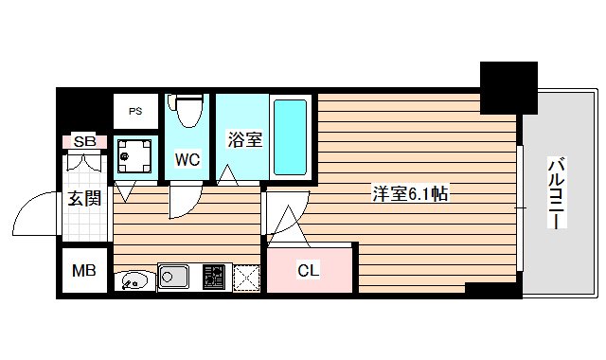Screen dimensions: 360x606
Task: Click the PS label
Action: (x=136, y=111)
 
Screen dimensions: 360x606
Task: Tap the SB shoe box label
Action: (x=85, y=142)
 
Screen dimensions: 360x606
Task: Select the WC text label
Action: (x=187, y=159)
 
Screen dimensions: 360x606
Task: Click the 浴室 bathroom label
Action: (x=244, y=139)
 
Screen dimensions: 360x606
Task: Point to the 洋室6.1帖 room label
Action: (x=409, y=194)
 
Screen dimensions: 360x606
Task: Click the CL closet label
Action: (x=309, y=271)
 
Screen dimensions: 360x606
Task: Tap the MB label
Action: (x=85, y=271)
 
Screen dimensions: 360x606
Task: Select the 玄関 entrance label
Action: (x=84, y=199)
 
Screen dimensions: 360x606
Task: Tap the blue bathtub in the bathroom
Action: (x=290, y=135)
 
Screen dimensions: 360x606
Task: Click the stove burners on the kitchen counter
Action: (x=212, y=279)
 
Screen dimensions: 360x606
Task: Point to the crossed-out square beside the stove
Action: (x=245, y=279)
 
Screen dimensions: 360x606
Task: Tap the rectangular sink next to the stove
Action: (x=175, y=279)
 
